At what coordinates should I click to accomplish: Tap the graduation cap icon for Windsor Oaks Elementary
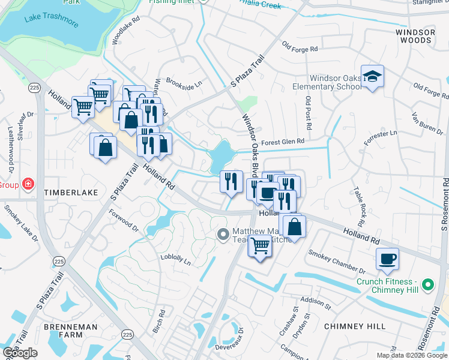[373, 76]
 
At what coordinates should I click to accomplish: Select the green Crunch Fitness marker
[427, 284]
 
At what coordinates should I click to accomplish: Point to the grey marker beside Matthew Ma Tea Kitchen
[223, 234]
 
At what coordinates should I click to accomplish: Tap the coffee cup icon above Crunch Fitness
[387, 259]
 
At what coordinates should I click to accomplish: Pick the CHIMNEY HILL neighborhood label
[354, 326]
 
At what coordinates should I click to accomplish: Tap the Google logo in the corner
[20, 353]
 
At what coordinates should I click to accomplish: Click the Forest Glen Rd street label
[283, 142]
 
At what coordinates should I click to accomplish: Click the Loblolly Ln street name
[175, 259]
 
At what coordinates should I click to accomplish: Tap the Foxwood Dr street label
[124, 220]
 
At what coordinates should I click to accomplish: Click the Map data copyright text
[412, 355]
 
